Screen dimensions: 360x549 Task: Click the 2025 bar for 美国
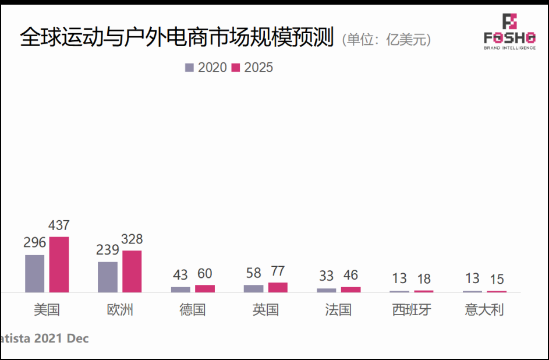[x=59, y=264]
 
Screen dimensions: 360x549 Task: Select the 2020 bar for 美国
[x=35, y=273]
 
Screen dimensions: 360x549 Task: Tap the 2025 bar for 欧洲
[x=132, y=271]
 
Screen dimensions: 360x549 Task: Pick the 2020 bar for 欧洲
[x=108, y=277]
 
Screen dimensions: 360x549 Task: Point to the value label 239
[x=108, y=250]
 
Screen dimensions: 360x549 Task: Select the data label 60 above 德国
[x=205, y=274]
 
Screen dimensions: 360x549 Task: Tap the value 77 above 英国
[x=278, y=271]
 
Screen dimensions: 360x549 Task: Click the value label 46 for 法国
[x=350, y=276]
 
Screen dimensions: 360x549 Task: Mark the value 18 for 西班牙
[x=423, y=278]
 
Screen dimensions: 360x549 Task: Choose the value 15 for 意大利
[x=497, y=280]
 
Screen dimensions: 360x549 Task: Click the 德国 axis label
[x=192, y=309]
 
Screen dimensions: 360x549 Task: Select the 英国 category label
[x=265, y=309]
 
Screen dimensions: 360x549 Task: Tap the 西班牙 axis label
[x=412, y=309]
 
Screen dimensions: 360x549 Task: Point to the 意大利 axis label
[x=484, y=309]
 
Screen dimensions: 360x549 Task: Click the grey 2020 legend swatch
[x=189, y=68]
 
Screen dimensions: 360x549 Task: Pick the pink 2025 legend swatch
[x=236, y=68]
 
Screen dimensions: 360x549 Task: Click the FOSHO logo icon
[x=509, y=22]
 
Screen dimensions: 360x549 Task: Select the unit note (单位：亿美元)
[x=387, y=40]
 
